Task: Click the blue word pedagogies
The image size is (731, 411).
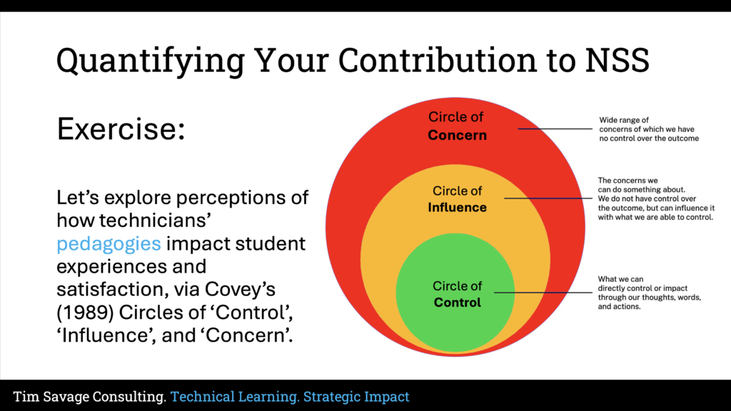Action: [x=109, y=243]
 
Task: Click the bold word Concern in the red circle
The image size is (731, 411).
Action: [x=457, y=135]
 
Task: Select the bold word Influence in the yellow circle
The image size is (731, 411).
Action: [x=457, y=208]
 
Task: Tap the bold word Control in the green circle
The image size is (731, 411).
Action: [x=457, y=303]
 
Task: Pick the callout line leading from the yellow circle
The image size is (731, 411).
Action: [x=550, y=198]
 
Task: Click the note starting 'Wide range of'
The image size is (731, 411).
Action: [x=648, y=129]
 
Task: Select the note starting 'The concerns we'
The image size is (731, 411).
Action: [x=655, y=198]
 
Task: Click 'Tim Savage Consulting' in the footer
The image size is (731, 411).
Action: [x=90, y=397]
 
